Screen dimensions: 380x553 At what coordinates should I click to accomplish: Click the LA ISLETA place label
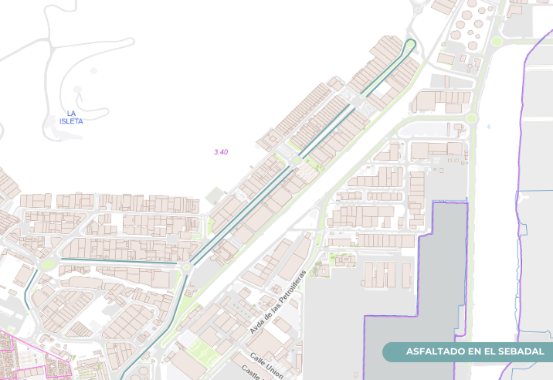(71, 117)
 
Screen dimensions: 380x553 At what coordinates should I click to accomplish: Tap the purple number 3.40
(221, 152)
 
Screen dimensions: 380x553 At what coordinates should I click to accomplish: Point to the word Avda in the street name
(258, 324)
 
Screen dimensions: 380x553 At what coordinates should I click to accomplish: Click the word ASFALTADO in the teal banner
(435, 352)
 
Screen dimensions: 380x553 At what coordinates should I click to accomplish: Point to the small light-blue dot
(489, 126)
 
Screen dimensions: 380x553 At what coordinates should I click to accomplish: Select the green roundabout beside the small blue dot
(471, 118)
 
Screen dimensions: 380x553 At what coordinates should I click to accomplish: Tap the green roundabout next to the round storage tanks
(497, 41)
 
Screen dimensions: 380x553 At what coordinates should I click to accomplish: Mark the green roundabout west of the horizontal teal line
(49, 264)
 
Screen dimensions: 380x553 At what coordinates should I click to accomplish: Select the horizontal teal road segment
(116, 260)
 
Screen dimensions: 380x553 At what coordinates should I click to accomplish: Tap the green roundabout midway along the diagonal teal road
(295, 160)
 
